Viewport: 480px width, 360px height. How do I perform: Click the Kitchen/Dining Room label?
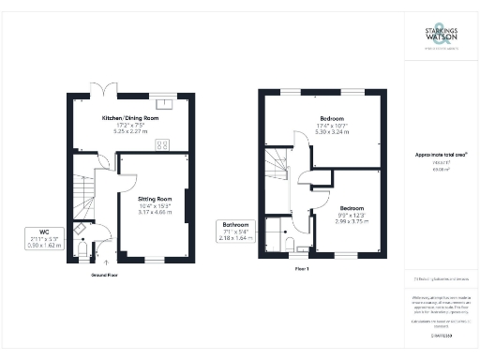(x=130, y=120)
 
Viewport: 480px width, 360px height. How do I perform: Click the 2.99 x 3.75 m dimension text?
(x=352, y=221)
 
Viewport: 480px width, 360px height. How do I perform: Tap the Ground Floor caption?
(x=104, y=277)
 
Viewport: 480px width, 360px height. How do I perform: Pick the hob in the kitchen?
(x=162, y=144)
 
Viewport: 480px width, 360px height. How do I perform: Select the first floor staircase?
(x=279, y=169)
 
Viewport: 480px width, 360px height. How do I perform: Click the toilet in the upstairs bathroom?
(x=292, y=246)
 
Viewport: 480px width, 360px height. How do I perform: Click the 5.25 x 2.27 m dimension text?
(x=130, y=132)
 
